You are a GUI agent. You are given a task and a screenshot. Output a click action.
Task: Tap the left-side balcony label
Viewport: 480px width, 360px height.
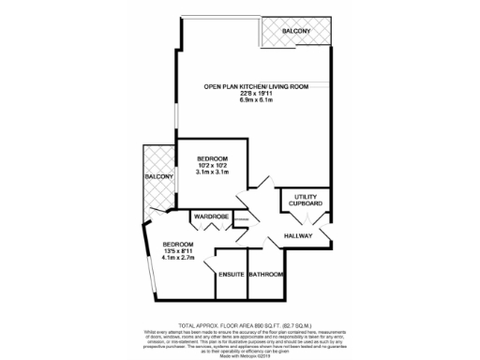(157, 177)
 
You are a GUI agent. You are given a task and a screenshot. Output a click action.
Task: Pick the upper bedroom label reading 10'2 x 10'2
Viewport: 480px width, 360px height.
(212, 165)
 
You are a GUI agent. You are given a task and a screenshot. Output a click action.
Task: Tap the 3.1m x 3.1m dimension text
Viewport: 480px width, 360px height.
(212, 172)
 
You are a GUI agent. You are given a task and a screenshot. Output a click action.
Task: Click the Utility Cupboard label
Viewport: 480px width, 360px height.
(306, 200)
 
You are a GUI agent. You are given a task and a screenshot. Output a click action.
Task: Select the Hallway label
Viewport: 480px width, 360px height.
(298, 235)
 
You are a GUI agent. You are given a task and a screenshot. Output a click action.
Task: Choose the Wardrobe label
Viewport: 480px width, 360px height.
(211, 217)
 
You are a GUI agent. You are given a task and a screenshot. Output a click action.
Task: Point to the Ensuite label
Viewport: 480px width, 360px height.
(231, 275)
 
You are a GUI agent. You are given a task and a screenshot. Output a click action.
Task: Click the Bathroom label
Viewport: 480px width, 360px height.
(266, 275)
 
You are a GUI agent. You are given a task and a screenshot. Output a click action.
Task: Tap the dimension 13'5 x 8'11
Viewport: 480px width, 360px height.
(177, 251)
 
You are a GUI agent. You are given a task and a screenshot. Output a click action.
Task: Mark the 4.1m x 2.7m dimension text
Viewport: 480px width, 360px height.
(177, 259)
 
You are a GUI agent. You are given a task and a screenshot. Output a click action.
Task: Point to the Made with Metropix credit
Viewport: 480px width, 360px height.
(240, 354)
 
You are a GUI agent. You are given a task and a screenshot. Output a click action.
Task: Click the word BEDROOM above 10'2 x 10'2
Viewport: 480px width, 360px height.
(212, 157)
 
